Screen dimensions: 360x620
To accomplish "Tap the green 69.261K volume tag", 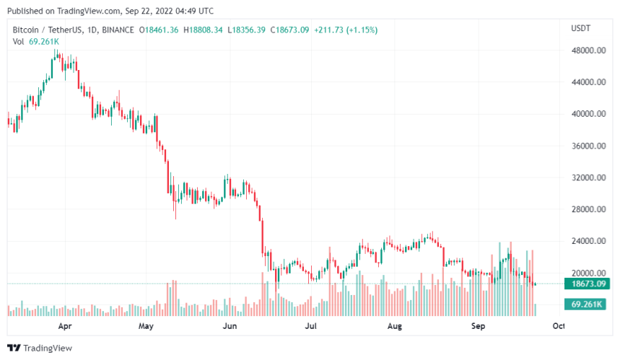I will click(x=585, y=305).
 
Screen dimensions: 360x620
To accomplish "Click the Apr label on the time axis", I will click(x=64, y=326).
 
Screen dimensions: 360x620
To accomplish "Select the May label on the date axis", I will click(x=147, y=326).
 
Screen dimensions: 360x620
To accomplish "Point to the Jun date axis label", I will click(x=230, y=326).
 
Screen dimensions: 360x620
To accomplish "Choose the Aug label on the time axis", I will click(x=394, y=326).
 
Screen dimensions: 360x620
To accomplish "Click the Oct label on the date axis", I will click(x=558, y=326).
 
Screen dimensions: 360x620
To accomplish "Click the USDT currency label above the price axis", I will click(x=581, y=27).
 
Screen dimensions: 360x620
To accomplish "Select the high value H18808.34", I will click(x=204, y=30).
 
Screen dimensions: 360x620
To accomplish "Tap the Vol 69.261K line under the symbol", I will click(x=36, y=41).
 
